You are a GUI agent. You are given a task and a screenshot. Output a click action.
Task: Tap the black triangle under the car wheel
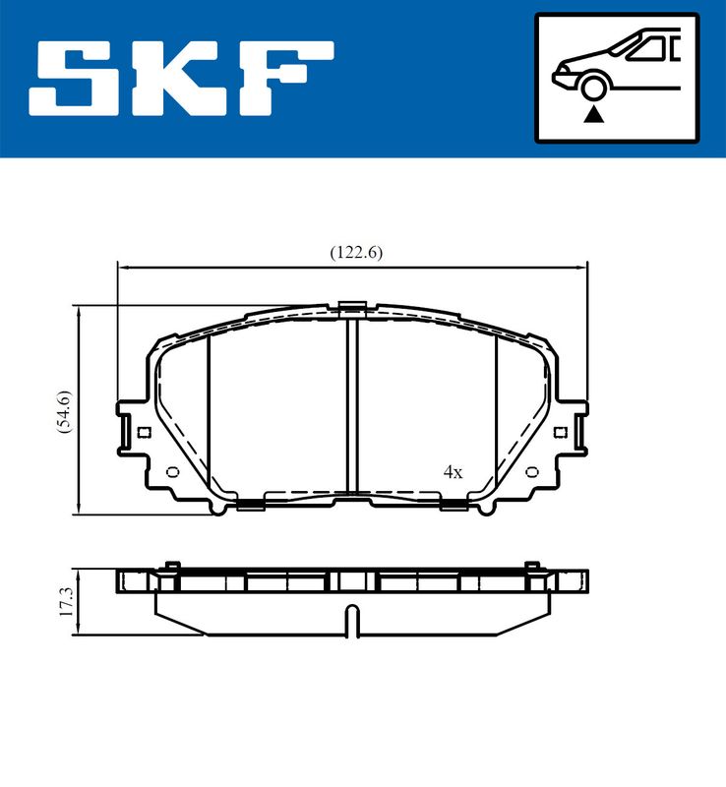tap(593, 115)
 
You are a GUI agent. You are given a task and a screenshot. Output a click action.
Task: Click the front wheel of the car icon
tap(593, 87)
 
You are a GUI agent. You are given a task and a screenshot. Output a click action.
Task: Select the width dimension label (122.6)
tap(356, 252)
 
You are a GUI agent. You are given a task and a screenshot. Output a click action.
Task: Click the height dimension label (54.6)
tap(65, 411)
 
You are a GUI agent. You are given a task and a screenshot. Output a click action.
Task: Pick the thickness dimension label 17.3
tap(66, 602)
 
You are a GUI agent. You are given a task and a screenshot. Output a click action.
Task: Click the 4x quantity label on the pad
tap(453, 472)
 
